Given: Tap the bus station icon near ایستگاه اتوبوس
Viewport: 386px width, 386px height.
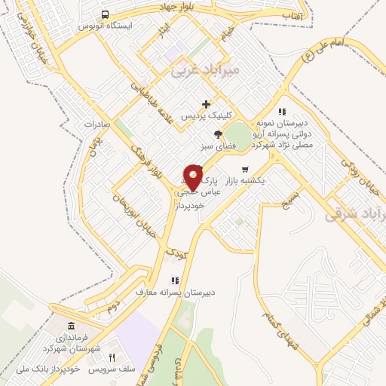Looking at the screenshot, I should pos(105,14).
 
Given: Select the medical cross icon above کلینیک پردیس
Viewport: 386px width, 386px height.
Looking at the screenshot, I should pos(205,104).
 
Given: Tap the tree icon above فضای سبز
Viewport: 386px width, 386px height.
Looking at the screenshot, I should pos(218,134).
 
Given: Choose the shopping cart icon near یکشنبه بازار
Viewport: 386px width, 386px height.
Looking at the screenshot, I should pos(244,170).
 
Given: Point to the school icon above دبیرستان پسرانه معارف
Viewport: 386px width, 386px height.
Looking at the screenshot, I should pos(174,280).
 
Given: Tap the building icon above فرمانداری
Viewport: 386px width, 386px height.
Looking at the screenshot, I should pos(72,326).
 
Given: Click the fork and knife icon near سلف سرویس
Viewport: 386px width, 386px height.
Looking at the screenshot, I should pos(112,358).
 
